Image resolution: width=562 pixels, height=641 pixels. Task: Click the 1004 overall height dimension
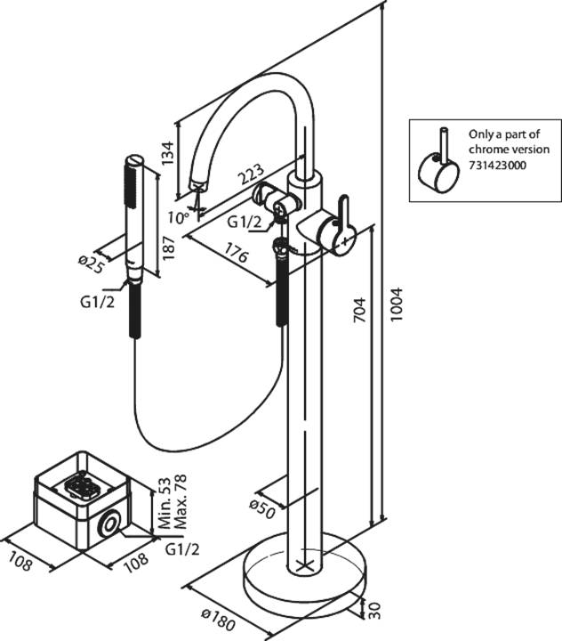tap(396, 304)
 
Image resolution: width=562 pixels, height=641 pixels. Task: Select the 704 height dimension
tap(359, 310)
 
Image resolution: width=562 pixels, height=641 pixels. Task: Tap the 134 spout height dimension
tap(167, 153)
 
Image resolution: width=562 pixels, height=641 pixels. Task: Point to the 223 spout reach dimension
tap(252, 174)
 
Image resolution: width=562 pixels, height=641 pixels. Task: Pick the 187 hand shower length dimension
tap(168, 247)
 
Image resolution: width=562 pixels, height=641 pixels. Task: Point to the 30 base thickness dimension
tap(375, 611)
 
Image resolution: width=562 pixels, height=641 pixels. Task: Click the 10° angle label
tap(179, 216)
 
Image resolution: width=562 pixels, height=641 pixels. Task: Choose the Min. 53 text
tap(164, 503)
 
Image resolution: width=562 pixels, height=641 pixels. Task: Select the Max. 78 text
tap(180, 500)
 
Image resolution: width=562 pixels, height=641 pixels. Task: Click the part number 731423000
tap(497, 166)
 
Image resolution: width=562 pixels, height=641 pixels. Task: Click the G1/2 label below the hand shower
tap(97, 302)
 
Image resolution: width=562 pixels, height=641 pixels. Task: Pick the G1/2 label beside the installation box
tap(182, 550)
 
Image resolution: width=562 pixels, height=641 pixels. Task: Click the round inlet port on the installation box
tap(109, 523)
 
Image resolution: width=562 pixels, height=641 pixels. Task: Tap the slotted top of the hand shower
tap(135, 159)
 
